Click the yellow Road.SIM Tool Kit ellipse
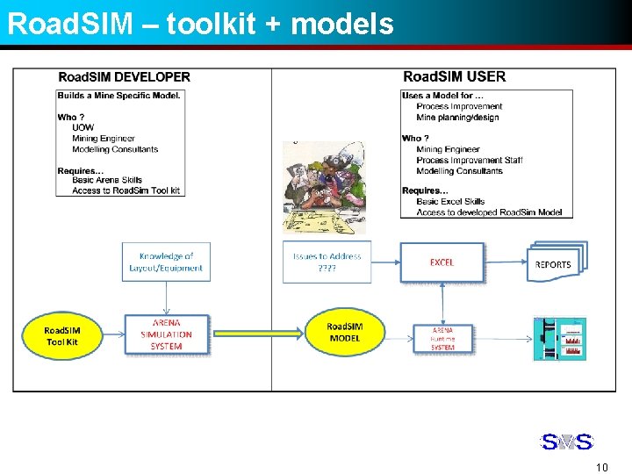[62, 336]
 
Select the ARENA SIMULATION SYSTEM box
[167, 334]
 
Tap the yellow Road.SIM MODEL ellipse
[345, 333]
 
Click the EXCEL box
[442, 262]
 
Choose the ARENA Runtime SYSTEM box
[442, 337]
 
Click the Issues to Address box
[327, 262]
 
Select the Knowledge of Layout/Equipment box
[166, 262]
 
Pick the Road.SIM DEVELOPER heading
[124, 77]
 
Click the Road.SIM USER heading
[454, 77]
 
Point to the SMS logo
[566, 442]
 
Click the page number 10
[601, 467]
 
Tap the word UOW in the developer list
[83, 128]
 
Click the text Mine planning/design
[457, 118]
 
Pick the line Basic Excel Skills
[450, 202]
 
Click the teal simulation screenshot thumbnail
[559, 338]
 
